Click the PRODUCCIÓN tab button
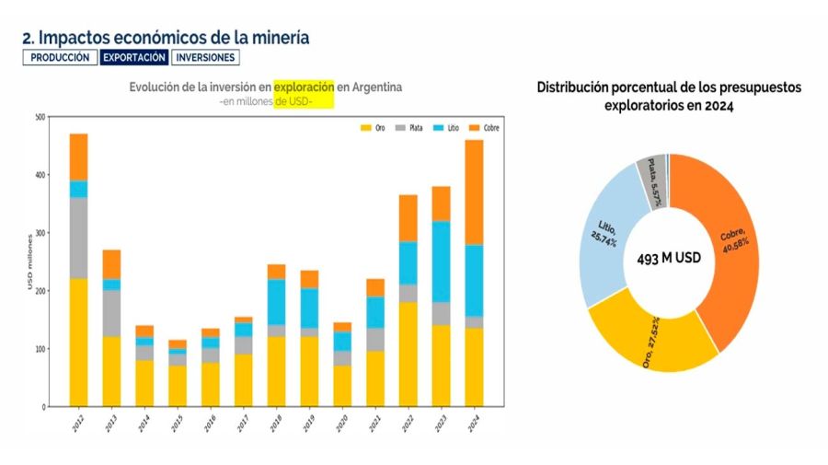[x=60, y=57]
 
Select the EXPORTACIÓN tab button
[x=134, y=57]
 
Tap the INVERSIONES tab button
[x=205, y=57]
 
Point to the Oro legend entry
[x=374, y=127]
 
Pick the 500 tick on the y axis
[x=39, y=117]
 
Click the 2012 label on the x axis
[x=77, y=424]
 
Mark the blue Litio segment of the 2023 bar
[x=441, y=262]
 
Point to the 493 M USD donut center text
[x=669, y=260]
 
